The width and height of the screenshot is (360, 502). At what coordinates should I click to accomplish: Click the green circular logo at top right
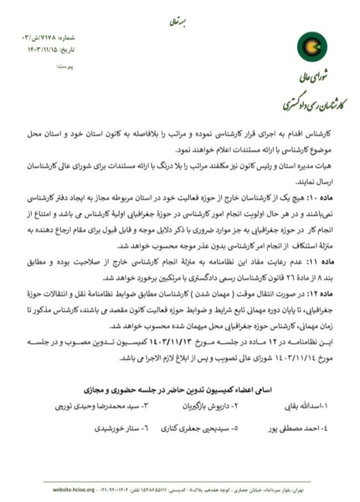point(308,47)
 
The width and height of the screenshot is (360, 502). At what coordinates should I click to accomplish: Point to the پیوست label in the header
point(65,66)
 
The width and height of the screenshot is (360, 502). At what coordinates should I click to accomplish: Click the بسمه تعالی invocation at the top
point(179,22)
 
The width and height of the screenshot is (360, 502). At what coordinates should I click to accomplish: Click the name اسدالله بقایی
point(310,406)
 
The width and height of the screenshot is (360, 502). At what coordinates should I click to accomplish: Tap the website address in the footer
point(74,490)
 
